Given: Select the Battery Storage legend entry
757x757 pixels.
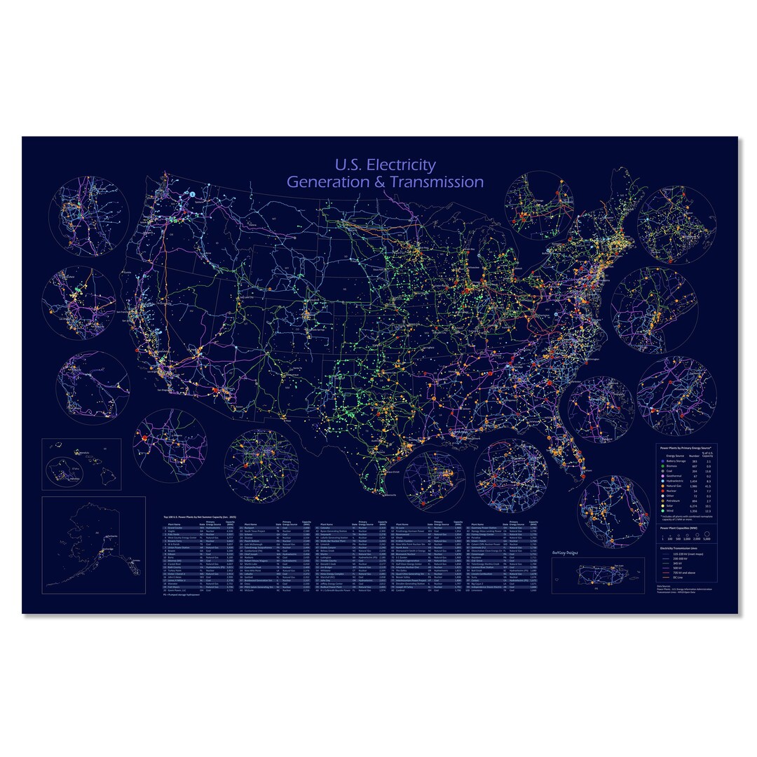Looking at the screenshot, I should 676,461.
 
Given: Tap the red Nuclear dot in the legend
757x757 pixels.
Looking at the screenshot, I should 663,491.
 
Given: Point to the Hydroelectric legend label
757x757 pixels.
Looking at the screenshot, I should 675,481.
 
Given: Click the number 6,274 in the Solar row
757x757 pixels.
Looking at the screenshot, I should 693,506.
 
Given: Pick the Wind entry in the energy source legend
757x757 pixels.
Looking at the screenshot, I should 670,511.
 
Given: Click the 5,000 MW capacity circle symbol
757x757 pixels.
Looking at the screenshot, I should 707,534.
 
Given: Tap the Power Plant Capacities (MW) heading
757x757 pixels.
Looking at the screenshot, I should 678,528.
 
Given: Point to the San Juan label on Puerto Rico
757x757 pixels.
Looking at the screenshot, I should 618,566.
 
